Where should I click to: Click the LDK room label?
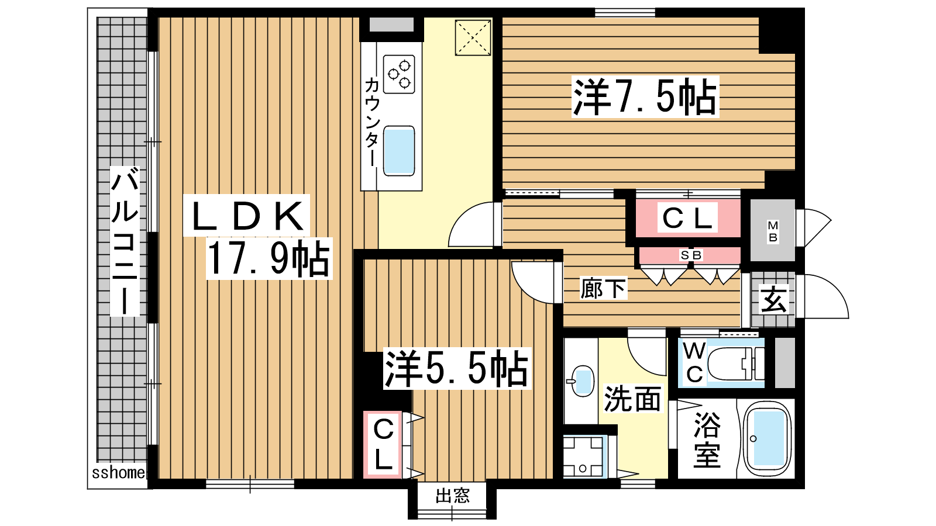[x=247, y=216]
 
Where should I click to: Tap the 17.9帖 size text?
[x=269, y=259]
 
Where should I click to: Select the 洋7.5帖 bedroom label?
[x=645, y=97]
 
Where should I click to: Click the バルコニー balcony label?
[x=125, y=241]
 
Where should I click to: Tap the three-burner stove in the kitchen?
[x=399, y=74]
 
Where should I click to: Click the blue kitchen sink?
[x=399, y=151]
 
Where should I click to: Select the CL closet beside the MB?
[x=687, y=217]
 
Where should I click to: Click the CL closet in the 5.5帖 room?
[x=383, y=445]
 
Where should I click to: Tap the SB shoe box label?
[x=691, y=255]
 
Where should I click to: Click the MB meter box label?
[x=773, y=231]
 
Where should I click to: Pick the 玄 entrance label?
[x=773, y=299]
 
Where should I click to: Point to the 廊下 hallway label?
[x=603, y=289]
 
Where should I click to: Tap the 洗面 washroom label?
[x=632, y=399]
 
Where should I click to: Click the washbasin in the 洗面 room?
[x=582, y=380]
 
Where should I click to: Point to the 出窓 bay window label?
[x=453, y=496]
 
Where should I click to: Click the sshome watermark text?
[x=118, y=473]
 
